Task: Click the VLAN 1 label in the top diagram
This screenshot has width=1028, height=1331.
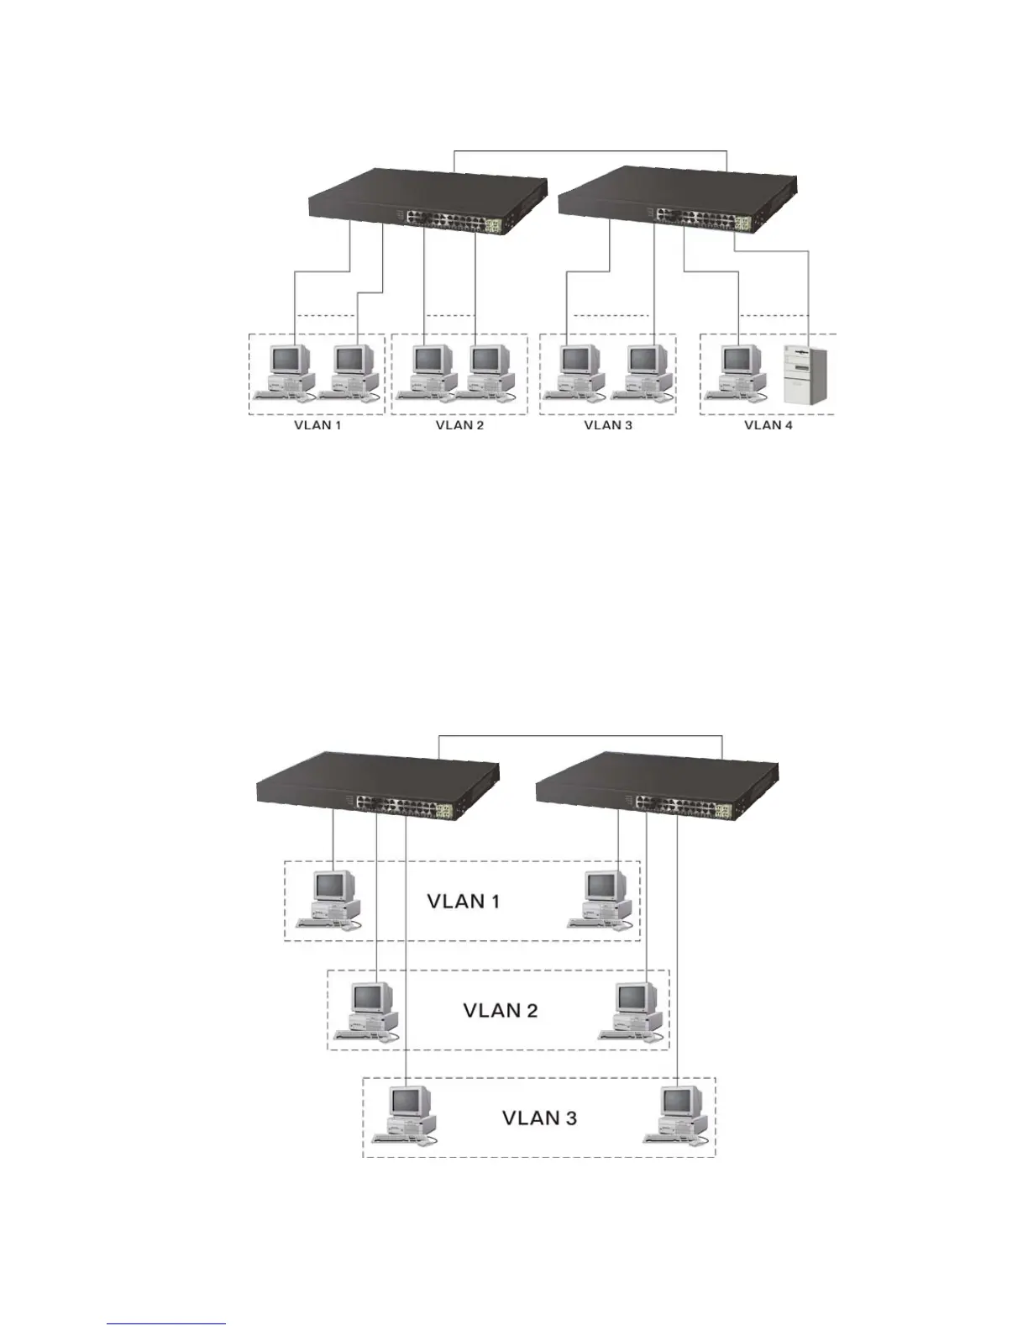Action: pos(317,425)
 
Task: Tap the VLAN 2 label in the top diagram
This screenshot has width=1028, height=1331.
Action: pos(459,425)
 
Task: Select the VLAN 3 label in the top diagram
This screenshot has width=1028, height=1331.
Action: pos(608,425)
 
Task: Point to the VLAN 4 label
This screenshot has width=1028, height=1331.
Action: pos(768,425)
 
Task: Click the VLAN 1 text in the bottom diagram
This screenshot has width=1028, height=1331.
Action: pos(464,902)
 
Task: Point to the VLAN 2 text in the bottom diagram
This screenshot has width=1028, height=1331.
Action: pos(501,1009)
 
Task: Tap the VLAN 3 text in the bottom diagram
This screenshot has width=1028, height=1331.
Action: pos(539,1118)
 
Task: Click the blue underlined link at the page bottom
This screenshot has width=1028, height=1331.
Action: pos(166,1324)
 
